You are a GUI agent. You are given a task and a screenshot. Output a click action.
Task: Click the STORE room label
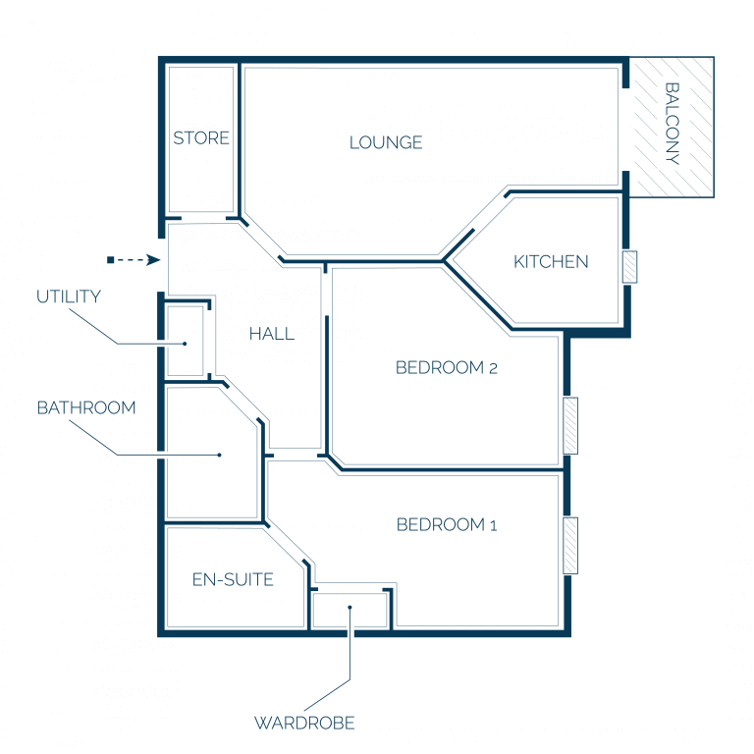tap(201, 138)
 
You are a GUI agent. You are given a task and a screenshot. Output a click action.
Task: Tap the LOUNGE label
tap(386, 142)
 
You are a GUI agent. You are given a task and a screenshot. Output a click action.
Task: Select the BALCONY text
tap(673, 124)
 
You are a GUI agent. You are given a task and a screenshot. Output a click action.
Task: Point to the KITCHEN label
tap(551, 261)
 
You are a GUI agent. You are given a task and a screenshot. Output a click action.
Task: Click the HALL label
tap(272, 334)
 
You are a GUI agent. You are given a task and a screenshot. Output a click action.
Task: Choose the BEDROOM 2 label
tap(447, 368)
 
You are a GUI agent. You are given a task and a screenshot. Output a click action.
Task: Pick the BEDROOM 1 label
tap(447, 524)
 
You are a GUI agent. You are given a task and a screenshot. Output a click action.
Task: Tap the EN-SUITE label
tap(233, 579)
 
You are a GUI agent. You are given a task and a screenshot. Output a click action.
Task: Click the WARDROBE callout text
tap(304, 723)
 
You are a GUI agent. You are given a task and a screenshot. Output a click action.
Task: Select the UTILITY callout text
tap(69, 296)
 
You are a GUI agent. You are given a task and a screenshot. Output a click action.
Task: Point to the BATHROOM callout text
tap(86, 407)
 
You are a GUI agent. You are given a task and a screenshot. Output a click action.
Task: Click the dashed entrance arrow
tap(134, 260)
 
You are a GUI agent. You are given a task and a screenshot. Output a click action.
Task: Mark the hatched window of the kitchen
tap(630, 267)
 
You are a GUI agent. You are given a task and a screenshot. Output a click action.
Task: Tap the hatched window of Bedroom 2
tap(570, 425)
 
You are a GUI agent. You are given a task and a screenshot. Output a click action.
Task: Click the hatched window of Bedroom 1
tap(570, 546)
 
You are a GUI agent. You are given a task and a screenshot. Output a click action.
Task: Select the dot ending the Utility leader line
tap(185, 344)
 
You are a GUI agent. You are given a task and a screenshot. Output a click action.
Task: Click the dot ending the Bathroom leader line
tap(220, 455)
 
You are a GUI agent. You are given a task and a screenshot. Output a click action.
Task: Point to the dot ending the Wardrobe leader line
tap(350, 608)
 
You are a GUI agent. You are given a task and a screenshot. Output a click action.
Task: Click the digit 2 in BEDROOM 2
tap(493, 369)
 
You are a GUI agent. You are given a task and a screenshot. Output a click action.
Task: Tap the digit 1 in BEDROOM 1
tap(494, 525)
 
